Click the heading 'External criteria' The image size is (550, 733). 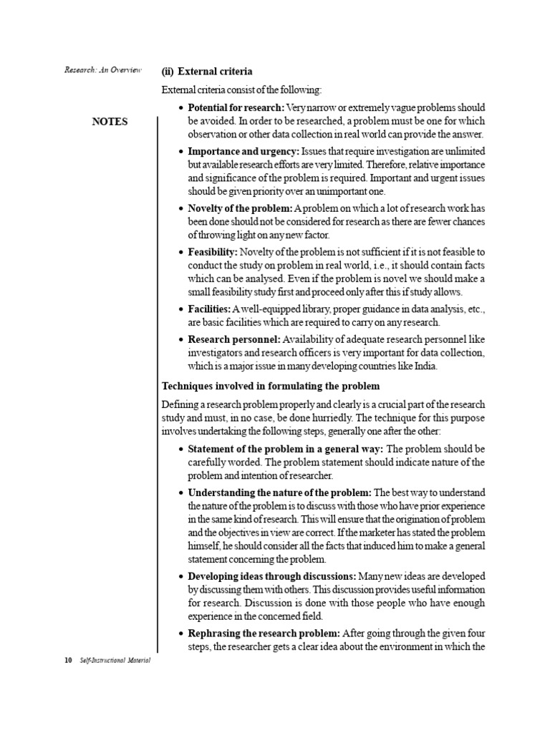point(214,72)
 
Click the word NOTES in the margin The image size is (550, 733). point(110,122)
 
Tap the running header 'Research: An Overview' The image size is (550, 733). point(103,70)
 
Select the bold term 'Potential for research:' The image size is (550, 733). point(236,107)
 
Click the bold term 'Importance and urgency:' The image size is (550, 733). point(243,152)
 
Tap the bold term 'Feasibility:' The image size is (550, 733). point(213,252)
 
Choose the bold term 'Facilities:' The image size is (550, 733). point(209,309)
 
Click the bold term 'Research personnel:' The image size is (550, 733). point(234,339)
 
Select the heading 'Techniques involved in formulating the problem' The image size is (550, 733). point(276,387)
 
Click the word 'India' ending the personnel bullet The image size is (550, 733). point(423,366)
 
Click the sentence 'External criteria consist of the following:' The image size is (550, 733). point(241,90)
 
